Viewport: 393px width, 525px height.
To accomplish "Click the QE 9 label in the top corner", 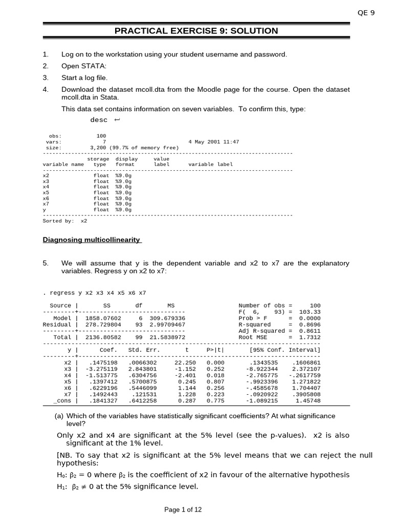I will click(x=366, y=13).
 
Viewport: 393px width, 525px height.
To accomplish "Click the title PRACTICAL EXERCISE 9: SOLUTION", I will click(x=196, y=31).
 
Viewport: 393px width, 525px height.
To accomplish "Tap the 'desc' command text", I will click(x=99, y=119).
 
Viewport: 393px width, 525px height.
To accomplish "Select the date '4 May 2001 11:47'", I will click(x=213, y=142).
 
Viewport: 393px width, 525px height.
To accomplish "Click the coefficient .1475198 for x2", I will click(x=103, y=362).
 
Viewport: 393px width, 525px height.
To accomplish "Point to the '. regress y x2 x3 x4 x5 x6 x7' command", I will click(x=95, y=293).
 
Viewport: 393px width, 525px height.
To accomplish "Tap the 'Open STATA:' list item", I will click(x=84, y=66).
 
